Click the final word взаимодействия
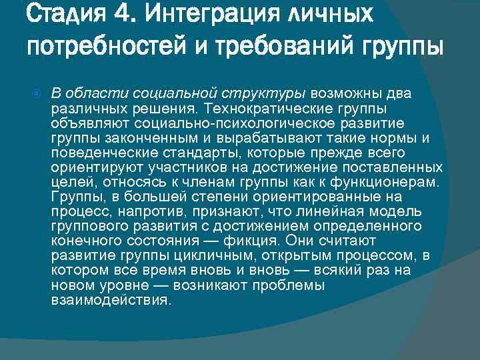click(111, 299)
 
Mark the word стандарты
click(207, 153)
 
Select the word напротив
click(133, 211)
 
